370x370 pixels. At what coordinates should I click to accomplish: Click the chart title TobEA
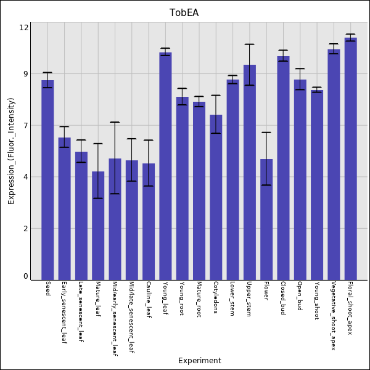tap(184, 13)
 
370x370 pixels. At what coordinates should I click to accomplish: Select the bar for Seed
tap(47, 179)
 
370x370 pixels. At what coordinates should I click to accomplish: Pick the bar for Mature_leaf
tap(98, 225)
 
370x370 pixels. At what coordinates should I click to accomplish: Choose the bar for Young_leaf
tap(165, 166)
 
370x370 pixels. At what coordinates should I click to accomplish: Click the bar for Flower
tap(266, 219)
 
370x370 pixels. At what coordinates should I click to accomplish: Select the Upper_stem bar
tap(249, 172)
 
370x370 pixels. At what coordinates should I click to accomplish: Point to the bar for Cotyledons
tap(216, 197)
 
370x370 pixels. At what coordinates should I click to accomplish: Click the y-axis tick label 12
tap(24, 28)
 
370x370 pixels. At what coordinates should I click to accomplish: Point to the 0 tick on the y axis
tap(26, 276)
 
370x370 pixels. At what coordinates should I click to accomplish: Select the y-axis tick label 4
tap(26, 177)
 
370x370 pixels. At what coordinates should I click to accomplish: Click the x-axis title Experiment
tap(199, 361)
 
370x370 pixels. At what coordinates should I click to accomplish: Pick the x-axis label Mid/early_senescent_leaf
tap(115, 319)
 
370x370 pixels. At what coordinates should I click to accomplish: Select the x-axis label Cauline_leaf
tap(149, 300)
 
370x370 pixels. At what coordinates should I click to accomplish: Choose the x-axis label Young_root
tap(182, 299)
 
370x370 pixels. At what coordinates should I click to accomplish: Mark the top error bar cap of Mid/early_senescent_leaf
tap(115, 122)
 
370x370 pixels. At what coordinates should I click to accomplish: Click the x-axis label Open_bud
tap(300, 296)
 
